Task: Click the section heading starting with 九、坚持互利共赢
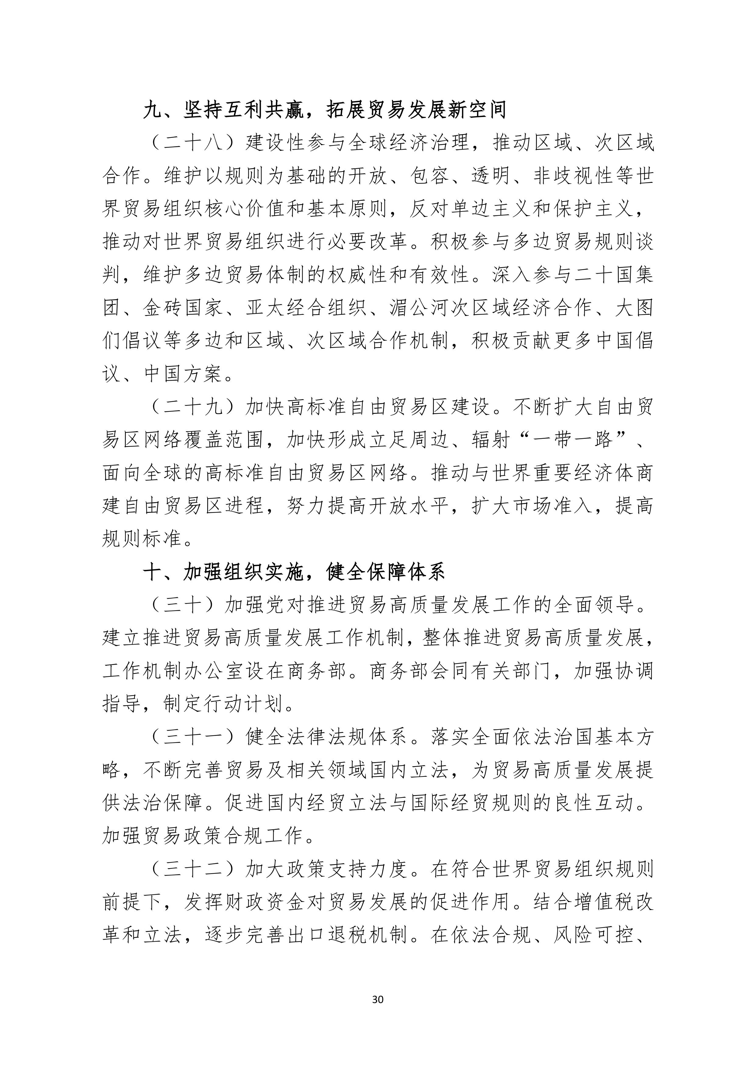click(325, 110)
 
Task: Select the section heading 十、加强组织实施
click(294, 572)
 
